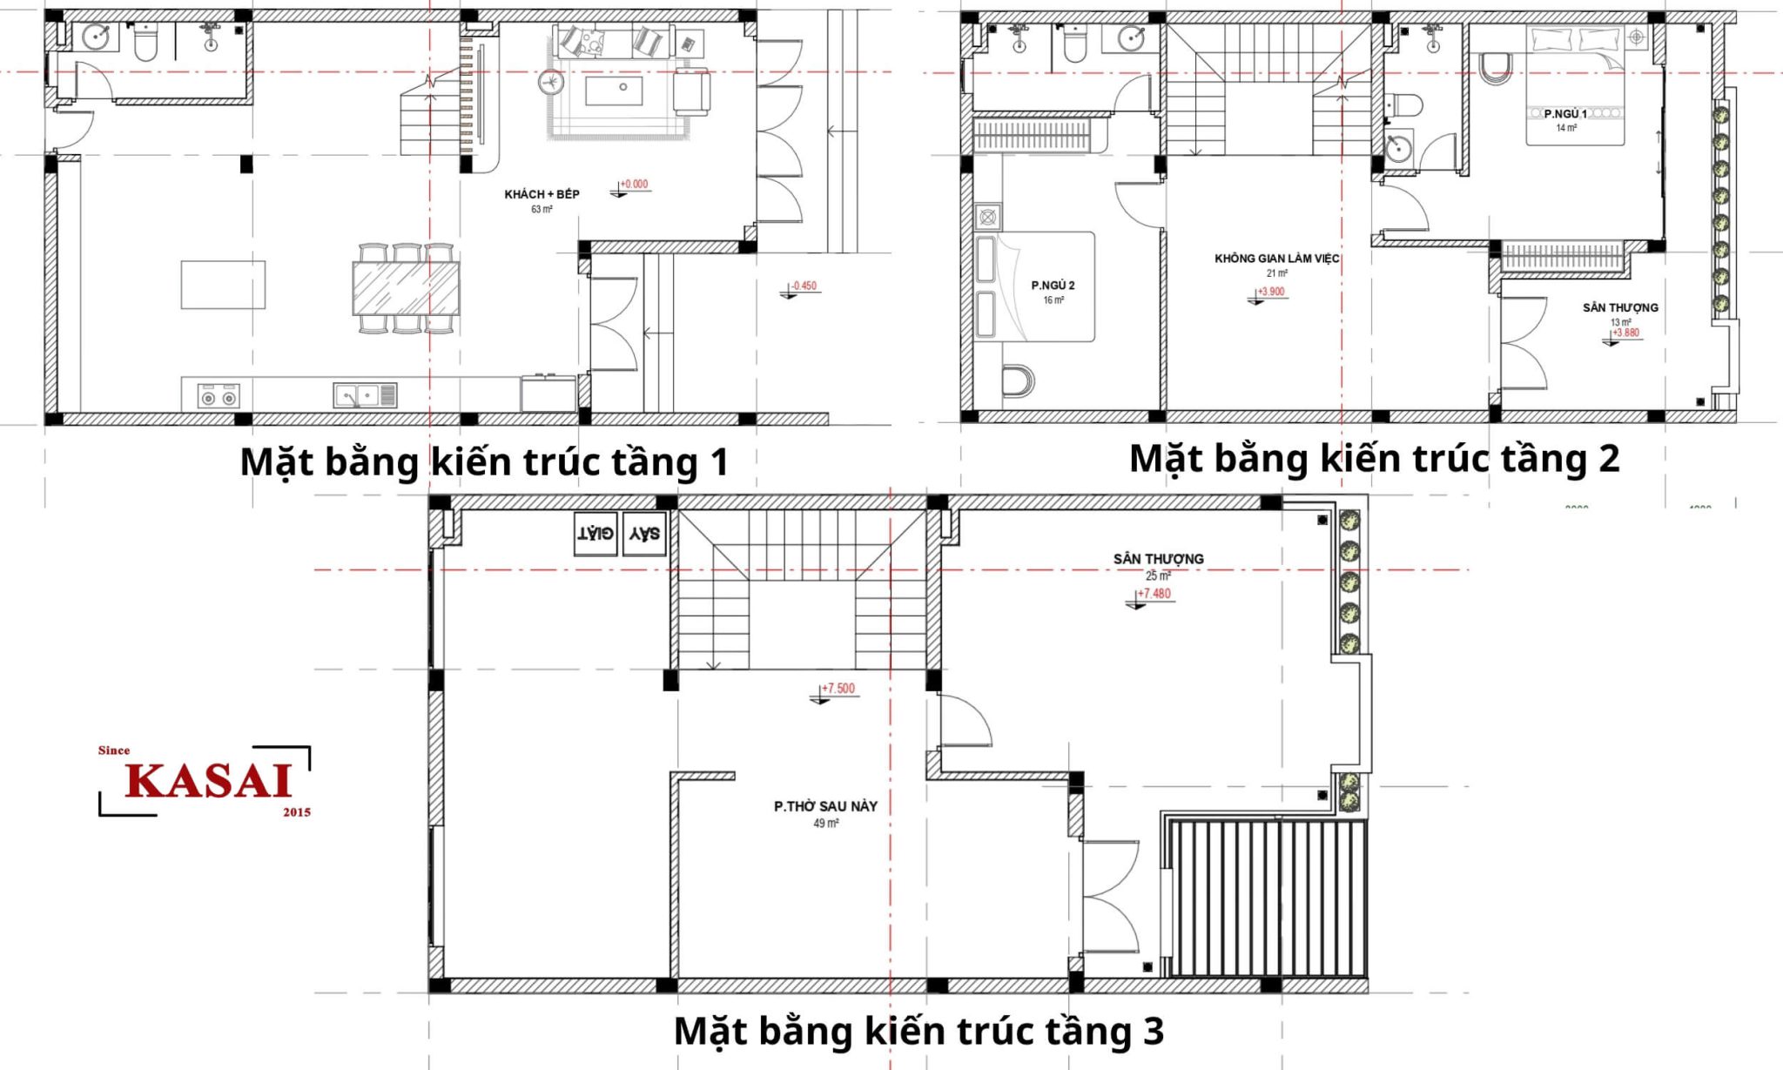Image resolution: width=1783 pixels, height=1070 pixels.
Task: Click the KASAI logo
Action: [205, 780]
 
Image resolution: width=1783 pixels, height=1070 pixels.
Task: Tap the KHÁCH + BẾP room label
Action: [542, 194]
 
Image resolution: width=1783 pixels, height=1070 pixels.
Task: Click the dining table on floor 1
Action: [406, 288]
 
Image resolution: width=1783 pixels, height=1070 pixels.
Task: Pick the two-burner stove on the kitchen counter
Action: [218, 396]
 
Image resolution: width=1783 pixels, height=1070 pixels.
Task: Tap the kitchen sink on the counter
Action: [366, 395]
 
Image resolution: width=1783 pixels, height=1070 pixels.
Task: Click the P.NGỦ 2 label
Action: [1053, 286]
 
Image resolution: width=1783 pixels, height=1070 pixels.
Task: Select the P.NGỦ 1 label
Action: [1565, 114]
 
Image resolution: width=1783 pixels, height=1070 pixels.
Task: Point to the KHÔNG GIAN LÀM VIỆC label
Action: [1276, 259]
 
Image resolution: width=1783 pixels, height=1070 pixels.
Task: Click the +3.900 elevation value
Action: [1271, 292]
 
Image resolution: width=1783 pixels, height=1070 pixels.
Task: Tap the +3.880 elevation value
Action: [1625, 333]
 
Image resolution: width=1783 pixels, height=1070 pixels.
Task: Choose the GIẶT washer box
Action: [595, 534]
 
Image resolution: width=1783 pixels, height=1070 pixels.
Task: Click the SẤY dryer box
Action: [644, 534]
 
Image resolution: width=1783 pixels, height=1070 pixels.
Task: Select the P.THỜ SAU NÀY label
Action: [825, 806]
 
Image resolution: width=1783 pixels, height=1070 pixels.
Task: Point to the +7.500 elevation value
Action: [838, 689]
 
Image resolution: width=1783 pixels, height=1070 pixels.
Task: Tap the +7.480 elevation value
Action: [1154, 594]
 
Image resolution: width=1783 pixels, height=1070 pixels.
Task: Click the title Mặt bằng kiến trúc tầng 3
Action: [918, 1032]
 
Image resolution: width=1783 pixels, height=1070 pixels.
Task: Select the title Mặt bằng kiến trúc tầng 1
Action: [484, 461]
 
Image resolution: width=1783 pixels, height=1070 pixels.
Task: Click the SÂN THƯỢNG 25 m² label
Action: [1158, 566]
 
